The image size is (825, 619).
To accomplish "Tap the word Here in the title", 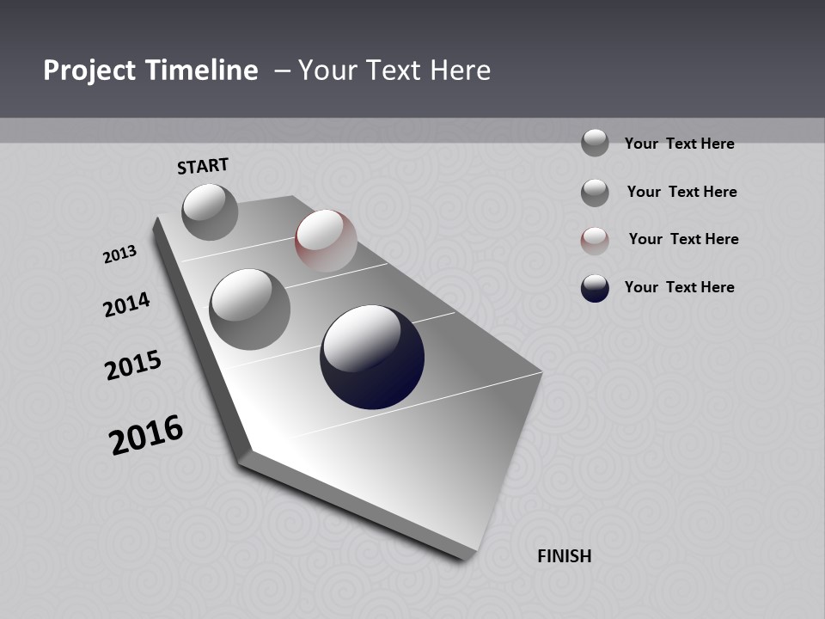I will pos(456,70).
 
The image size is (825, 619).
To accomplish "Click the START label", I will pos(203,166).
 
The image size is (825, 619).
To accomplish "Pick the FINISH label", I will pos(564,556).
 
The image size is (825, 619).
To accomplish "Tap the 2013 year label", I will pos(119,254).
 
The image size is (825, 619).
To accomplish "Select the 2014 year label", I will pos(126,304).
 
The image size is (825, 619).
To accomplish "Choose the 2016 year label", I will pos(146,435).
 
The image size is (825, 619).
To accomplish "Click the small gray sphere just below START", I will pos(210,211).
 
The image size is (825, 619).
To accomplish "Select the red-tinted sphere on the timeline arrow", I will pos(326,241).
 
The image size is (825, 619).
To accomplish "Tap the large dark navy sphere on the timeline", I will pos(372,356).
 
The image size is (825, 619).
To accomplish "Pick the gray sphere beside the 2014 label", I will pos(250,309).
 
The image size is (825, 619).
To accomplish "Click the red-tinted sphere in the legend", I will pos(595,241).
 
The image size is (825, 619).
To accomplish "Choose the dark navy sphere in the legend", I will pos(595,288).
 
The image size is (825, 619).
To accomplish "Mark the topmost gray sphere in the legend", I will pos(595,143).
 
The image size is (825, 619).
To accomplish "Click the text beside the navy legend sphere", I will pos(679,287).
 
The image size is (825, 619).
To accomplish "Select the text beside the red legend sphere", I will pos(683,239).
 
